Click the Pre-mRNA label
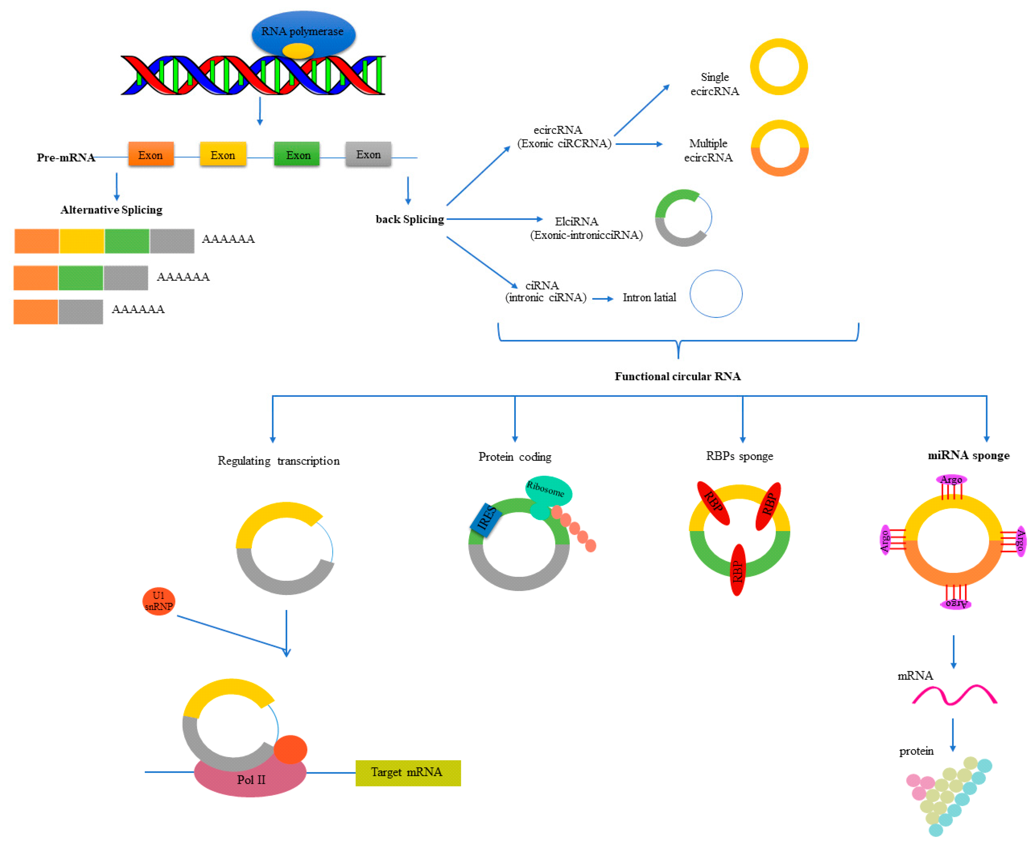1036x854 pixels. coord(65,157)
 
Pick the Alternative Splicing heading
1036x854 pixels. coord(111,210)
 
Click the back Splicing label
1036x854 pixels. coord(409,220)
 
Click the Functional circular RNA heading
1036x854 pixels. coord(677,376)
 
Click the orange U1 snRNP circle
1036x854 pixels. coord(158,601)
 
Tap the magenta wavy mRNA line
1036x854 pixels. coord(954,694)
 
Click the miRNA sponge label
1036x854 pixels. coord(968,456)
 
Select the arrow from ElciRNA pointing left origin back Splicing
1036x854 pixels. coord(494,219)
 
